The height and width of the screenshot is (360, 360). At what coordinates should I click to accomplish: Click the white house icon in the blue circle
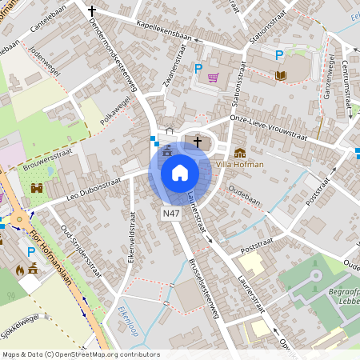pos(180,172)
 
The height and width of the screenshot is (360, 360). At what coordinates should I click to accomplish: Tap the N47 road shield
pos(170,214)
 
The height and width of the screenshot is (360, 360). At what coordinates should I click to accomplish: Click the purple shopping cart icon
pos(213,78)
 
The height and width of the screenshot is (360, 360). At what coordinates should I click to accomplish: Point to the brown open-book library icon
pos(280,75)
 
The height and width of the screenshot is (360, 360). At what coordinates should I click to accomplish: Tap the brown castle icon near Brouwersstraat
pos(37,188)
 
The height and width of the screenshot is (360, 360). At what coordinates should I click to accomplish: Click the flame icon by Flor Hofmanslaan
pos(20,270)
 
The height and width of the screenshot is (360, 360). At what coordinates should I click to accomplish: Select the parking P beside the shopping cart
pos(198,69)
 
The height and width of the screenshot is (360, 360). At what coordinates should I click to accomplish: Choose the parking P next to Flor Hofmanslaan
pos(31,251)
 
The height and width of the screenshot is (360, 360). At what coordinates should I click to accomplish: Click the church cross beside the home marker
pos(197,142)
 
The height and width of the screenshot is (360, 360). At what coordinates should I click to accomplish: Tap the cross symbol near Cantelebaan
pos(92,11)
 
